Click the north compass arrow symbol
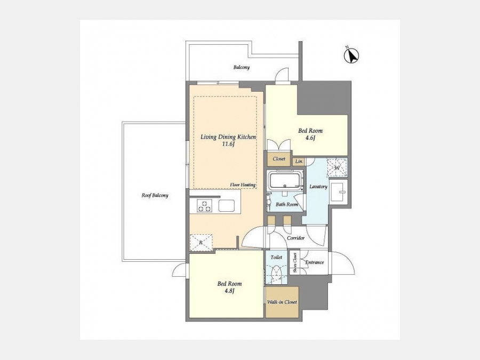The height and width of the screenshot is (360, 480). (351, 55)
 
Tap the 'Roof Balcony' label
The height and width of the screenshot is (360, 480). (155, 195)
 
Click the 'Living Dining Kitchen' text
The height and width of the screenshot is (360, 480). (228, 137)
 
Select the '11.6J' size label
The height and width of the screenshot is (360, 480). (228, 144)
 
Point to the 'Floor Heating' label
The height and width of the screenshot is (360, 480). (243, 185)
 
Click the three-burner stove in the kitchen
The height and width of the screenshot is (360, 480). (204, 205)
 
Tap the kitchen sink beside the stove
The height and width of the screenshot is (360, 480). (227, 205)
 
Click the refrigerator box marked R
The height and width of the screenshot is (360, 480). (201, 243)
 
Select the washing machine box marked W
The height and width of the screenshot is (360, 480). (337, 167)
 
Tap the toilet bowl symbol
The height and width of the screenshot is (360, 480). (277, 273)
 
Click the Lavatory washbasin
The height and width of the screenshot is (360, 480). (339, 192)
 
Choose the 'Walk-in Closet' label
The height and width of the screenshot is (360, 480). (282, 302)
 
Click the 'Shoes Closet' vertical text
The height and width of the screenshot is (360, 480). (295, 263)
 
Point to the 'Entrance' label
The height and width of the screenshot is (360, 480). (314, 262)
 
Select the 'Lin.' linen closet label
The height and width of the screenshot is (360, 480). (299, 161)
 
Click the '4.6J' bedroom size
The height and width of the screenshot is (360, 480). (310, 138)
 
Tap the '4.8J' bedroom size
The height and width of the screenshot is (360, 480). (229, 291)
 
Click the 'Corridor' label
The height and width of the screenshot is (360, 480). (295, 238)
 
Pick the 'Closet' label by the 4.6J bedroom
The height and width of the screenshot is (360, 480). (279, 159)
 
